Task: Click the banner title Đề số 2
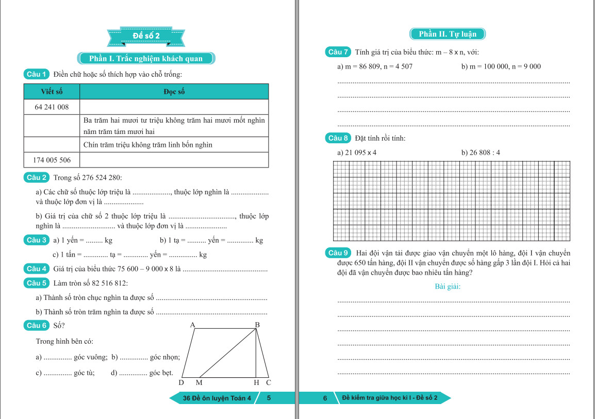point(146,36)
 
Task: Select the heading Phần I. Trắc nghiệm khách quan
point(146,58)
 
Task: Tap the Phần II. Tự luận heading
point(448,34)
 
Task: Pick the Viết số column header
point(52,92)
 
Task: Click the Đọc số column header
point(174,92)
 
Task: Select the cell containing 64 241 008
point(52,107)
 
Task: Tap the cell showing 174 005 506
point(52,160)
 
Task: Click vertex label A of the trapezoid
point(192,325)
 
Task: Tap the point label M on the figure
point(199,383)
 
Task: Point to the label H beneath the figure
point(256,383)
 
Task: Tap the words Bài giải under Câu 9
point(448,287)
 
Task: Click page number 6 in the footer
point(325,398)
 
